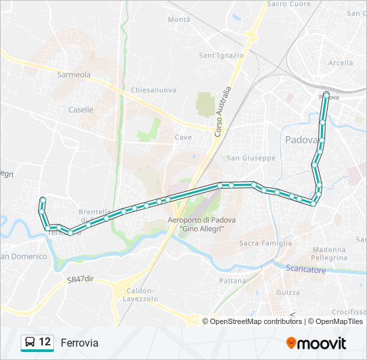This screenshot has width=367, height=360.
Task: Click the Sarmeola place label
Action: coord(73,75)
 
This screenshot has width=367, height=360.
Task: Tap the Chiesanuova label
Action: coord(153,89)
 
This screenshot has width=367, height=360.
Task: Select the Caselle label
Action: coord(81,110)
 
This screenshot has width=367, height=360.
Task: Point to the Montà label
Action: coord(179,20)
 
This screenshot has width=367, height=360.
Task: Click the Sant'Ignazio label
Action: coord(221,55)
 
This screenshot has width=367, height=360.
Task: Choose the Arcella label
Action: coord(340,63)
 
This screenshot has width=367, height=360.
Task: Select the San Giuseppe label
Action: coord(251,158)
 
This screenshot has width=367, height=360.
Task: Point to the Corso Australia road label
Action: coord(223,112)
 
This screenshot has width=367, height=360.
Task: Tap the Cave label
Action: coord(183,137)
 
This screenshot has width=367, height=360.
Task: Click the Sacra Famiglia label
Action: coord(261,243)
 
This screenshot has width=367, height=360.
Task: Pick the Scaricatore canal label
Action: coord(306,270)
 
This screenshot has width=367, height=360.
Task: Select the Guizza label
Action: coord(288,293)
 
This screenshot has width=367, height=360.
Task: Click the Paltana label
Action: coord(234,281)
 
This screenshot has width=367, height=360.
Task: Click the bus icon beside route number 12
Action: coord(30,343)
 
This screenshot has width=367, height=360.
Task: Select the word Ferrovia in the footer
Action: coord(79,343)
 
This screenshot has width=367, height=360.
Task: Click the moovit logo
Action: coord(316,343)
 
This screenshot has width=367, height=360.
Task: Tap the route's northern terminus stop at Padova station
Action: coord(326,94)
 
